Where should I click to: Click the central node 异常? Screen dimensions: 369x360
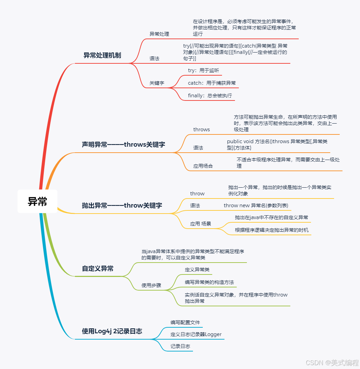[x=37, y=201]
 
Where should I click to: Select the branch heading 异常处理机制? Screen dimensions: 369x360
[x=102, y=55]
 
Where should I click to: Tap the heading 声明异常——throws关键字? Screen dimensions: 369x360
[x=123, y=145]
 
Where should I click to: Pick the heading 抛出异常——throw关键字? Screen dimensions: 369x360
[x=122, y=206]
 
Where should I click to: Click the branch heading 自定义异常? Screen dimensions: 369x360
[x=98, y=269]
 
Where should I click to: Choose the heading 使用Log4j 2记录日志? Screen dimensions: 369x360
[x=112, y=331]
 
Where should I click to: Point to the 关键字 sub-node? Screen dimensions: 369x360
[x=157, y=83]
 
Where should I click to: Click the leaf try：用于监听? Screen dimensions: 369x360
[x=203, y=70]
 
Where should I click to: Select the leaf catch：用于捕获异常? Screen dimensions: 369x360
[x=212, y=83]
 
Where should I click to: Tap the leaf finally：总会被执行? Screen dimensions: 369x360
[x=210, y=96]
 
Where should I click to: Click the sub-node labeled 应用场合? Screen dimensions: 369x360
[x=203, y=166]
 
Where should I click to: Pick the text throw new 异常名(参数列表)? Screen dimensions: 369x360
[x=256, y=206]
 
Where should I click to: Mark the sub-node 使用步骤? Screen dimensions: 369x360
[x=151, y=285]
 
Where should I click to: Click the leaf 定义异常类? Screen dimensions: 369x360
[x=197, y=270]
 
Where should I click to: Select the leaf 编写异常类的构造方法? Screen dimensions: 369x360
[x=209, y=282]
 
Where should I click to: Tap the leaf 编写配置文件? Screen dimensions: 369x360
[x=185, y=322]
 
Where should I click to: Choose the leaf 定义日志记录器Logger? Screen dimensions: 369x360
[x=196, y=334]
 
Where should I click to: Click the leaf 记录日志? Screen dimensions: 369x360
[x=180, y=346]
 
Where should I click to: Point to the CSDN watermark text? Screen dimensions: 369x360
[x=332, y=363]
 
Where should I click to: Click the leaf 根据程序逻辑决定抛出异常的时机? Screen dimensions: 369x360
[x=272, y=230]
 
